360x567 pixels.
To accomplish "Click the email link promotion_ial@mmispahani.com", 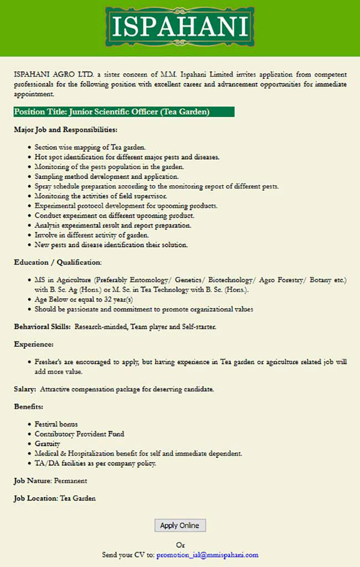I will click(x=207, y=554).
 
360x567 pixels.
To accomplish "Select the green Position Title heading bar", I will click(x=124, y=112).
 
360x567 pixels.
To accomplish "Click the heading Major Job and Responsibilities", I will click(x=65, y=130).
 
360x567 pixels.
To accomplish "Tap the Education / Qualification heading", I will click(x=58, y=262).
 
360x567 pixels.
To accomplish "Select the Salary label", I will click(x=25, y=390).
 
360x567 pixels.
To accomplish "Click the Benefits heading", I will click(x=29, y=407).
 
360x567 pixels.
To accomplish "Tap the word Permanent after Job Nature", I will click(x=70, y=481).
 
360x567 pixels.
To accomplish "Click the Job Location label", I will click(x=35, y=498).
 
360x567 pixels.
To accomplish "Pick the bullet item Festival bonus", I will click(x=56, y=424).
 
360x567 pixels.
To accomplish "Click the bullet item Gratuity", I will click(x=47, y=444).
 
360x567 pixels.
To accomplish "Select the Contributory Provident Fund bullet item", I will click(x=79, y=434).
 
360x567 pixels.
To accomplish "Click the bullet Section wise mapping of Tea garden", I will click(x=90, y=147).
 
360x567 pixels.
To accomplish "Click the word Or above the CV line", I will click(x=180, y=545).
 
